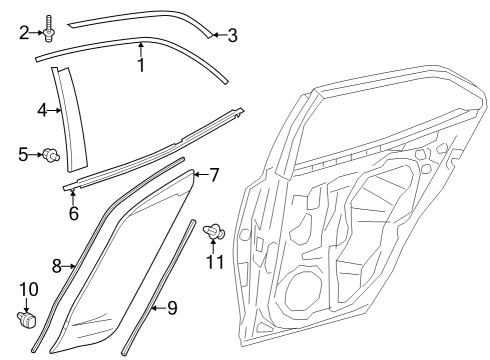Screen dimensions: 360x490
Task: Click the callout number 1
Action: coord(140,65)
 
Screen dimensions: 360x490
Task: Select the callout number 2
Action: coord(25,32)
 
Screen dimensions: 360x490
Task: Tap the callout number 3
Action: coord(232,36)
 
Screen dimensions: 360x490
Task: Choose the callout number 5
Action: coord(23,154)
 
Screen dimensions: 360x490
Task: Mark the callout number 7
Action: coord(213,175)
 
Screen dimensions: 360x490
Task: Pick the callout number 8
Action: coord(57,265)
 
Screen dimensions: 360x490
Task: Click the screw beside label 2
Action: coord(48,29)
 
